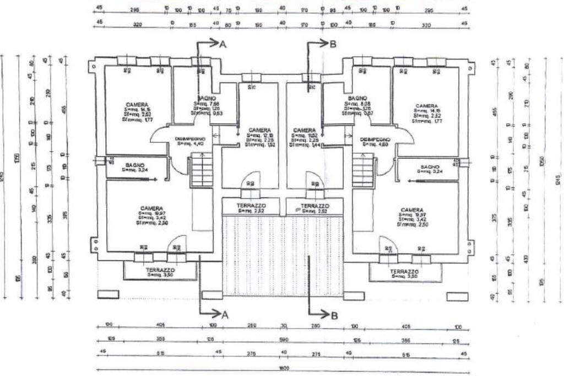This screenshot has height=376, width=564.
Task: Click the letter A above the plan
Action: pyautogui.click(x=223, y=46)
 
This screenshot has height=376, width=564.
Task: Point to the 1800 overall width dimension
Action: pyautogui.click(x=282, y=367)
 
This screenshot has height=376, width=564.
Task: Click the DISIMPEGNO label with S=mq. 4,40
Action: pyautogui.click(x=190, y=138)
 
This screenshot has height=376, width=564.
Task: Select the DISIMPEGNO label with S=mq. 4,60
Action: pyautogui.click(x=375, y=139)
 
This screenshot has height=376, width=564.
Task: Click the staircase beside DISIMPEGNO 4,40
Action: pyautogui.click(x=200, y=171)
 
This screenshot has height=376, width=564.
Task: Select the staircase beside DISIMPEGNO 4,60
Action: pyautogui.click(x=363, y=171)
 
